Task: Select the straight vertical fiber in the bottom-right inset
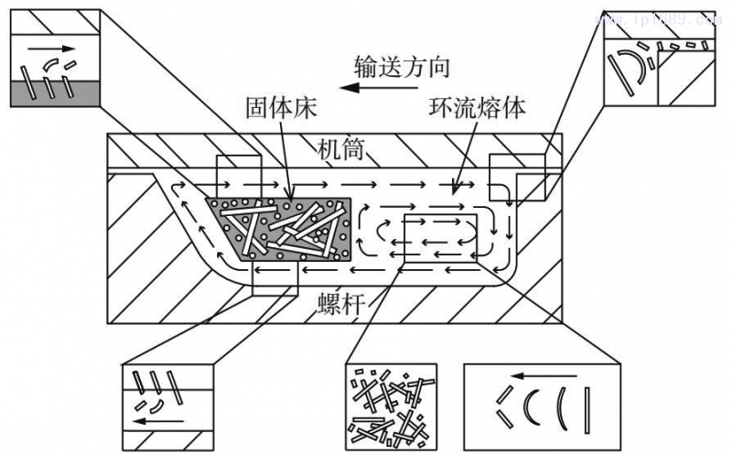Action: tap(587, 411)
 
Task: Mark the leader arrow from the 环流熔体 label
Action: tap(462, 173)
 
